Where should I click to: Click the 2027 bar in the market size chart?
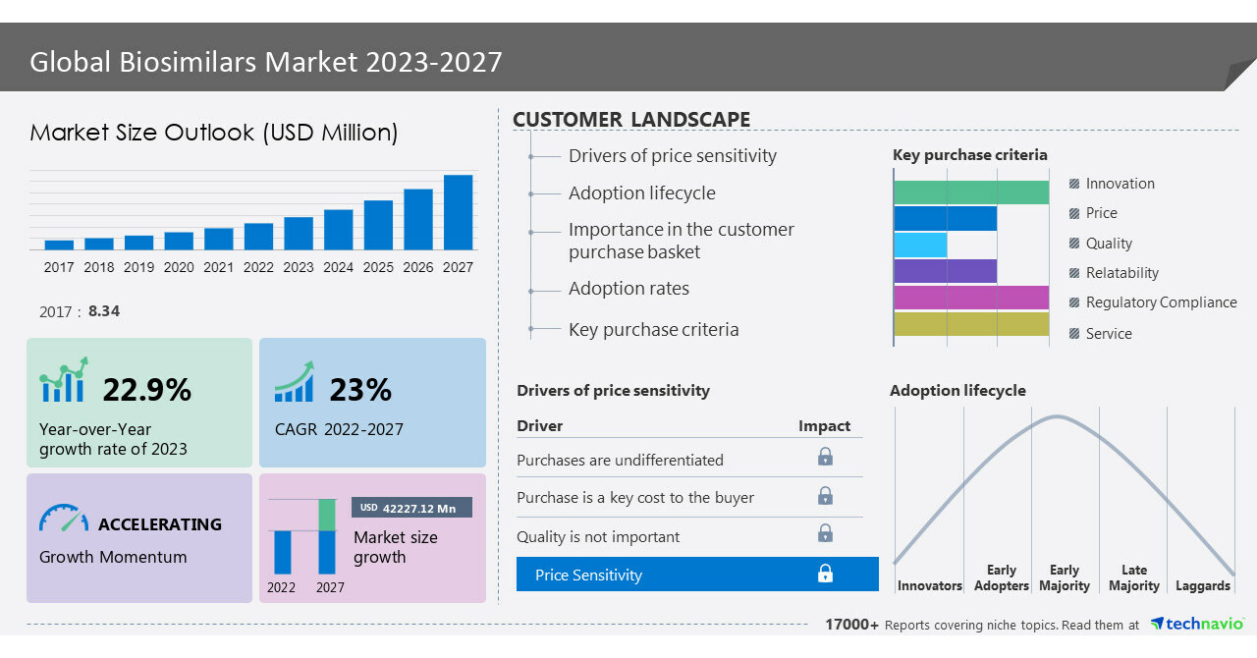click(458, 212)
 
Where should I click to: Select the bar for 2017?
click(59, 245)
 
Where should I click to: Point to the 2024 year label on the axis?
click(338, 267)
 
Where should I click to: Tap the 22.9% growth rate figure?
click(147, 390)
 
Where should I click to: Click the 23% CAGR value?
click(360, 390)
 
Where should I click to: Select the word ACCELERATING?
click(160, 524)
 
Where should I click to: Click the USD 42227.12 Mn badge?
click(411, 508)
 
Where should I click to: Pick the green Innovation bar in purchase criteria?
click(971, 192)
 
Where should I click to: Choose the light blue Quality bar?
click(920, 245)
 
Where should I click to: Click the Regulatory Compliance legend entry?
click(1161, 302)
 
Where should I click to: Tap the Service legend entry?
click(1109, 334)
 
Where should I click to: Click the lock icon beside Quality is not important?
click(826, 533)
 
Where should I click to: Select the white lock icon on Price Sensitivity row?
click(826, 574)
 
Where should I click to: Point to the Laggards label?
click(1203, 586)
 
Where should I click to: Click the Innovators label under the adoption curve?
click(929, 586)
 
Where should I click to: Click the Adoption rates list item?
click(628, 289)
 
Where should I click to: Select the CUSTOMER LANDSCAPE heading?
click(631, 120)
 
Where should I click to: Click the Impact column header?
click(824, 426)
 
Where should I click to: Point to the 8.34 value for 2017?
click(104, 311)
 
